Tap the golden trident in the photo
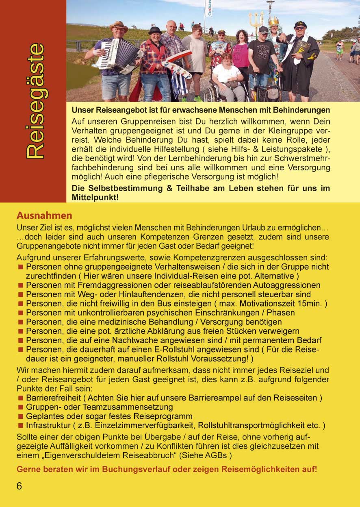256,20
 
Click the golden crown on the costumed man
273,21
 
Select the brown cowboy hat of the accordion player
118,26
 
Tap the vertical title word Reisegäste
34,101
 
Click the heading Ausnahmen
44,215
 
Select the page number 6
19,486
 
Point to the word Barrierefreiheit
53,397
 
